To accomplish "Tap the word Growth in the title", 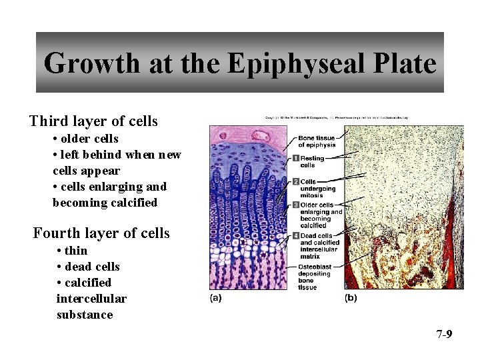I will pos(91,64).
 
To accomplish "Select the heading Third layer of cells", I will pos(93,121).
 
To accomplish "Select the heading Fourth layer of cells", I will pos(101,233).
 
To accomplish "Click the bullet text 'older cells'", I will pos(89,139).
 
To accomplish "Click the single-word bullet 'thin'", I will pos(76,251).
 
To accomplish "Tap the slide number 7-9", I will pos(444,334).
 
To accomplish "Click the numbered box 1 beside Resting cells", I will pos(295,158).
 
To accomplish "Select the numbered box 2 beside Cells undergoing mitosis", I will pos(295,181).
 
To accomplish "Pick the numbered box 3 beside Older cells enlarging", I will pos(295,205).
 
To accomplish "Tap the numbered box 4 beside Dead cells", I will pos(295,235).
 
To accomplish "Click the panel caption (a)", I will pos(216,298).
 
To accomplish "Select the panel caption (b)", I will pos(350,298).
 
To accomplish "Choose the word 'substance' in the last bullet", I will pos(85,315).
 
